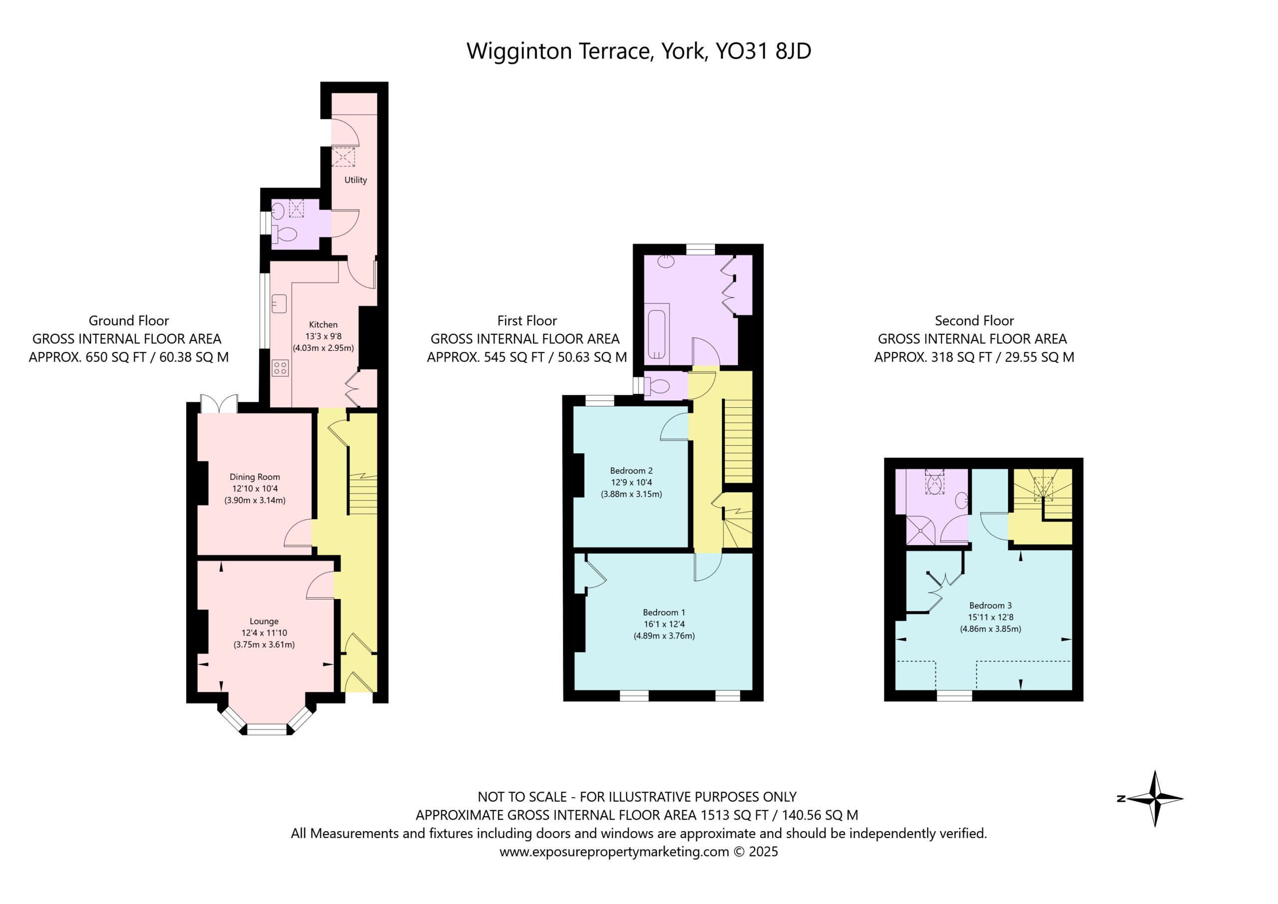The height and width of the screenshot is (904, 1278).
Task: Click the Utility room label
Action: pyautogui.click(x=355, y=180)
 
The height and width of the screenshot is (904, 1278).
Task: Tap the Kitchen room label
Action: pyautogui.click(x=323, y=324)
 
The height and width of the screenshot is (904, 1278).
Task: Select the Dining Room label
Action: pyautogui.click(x=255, y=477)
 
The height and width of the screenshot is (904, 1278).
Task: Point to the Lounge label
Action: pyautogui.click(x=264, y=621)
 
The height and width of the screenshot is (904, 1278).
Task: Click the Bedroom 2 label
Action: pyautogui.click(x=631, y=470)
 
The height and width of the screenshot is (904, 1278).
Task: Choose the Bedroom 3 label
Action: pyautogui.click(x=990, y=605)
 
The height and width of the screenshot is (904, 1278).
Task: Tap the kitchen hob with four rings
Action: pyautogui.click(x=280, y=367)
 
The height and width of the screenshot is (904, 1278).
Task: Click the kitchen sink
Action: pyautogui.click(x=279, y=303)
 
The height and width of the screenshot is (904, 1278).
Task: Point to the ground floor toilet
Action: pyautogui.click(x=284, y=234)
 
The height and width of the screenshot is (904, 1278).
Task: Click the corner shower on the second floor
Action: pyautogui.click(x=922, y=530)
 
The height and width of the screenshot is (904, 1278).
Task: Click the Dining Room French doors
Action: pyautogui.click(x=219, y=403)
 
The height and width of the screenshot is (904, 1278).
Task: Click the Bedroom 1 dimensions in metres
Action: pyautogui.click(x=663, y=635)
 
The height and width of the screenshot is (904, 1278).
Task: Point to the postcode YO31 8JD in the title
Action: pyautogui.click(x=763, y=51)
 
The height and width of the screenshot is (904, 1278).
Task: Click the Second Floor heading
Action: pyautogui.click(x=974, y=320)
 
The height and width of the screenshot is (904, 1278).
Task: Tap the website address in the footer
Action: pyautogui.click(x=614, y=852)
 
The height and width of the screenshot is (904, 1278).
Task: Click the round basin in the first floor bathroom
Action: pyautogui.click(x=666, y=260)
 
